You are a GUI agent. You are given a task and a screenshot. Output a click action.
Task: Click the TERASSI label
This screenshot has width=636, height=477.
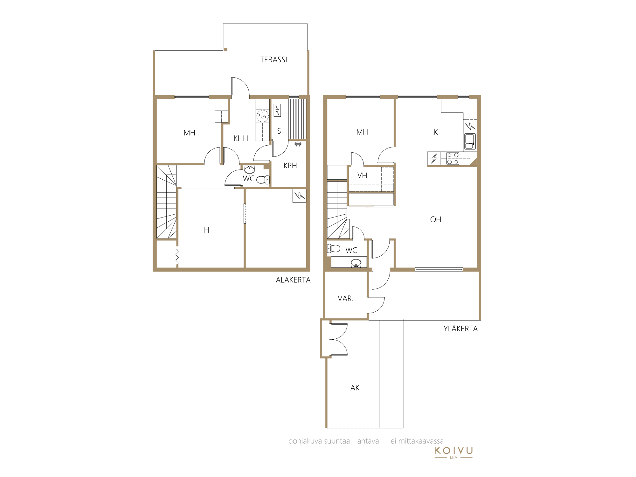pyautogui.click(x=273, y=60)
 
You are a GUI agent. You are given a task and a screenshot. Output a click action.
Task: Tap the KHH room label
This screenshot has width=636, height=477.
pyautogui.click(x=241, y=138)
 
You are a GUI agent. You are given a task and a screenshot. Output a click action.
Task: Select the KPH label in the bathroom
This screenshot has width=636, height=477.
pyautogui.click(x=290, y=166)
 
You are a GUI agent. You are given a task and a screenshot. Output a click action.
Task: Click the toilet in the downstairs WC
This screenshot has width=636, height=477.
pyautogui.click(x=263, y=180)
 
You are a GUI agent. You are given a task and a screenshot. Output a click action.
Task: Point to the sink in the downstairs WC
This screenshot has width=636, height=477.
pyautogui.click(x=250, y=169)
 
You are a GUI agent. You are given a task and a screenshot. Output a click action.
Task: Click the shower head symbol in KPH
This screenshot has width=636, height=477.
pyautogui.click(x=298, y=144)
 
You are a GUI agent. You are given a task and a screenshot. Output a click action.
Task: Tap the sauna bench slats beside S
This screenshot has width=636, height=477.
pyautogui.click(x=297, y=119)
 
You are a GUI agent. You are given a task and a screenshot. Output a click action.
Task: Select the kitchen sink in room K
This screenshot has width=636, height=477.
pyautogui.click(x=470, y=142)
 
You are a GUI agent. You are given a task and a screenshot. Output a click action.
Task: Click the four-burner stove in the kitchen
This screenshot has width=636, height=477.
pyautogui.click(x=453, y=158)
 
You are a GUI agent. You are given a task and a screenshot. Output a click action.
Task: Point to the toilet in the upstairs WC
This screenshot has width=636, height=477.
pyautogui.click(x=334, y=248)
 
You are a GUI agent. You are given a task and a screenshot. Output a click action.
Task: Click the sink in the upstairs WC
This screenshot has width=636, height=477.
pyautogui.click(x=356, y=263)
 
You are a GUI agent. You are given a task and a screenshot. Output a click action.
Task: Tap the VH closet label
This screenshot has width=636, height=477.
pyautogui.click(x=362, y=176)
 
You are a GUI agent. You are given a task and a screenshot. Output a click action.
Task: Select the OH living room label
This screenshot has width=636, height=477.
pyautogui.click(x=436, y=219)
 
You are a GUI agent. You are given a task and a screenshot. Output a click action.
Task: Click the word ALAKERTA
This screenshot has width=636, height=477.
pyautogui.click(x=293, y=280)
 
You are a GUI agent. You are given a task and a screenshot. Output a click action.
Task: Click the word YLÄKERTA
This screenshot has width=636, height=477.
pyautogui.click(x=461, y=328)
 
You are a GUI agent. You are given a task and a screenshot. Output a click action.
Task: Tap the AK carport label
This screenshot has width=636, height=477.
pyautogui.click(x=355, y=388)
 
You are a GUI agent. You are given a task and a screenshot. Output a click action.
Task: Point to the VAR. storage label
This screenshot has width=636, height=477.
pyautogui.click(x=345, y=299)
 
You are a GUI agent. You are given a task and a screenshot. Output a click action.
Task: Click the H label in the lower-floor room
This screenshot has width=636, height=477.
pyautogui.click(x=207, y=230)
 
